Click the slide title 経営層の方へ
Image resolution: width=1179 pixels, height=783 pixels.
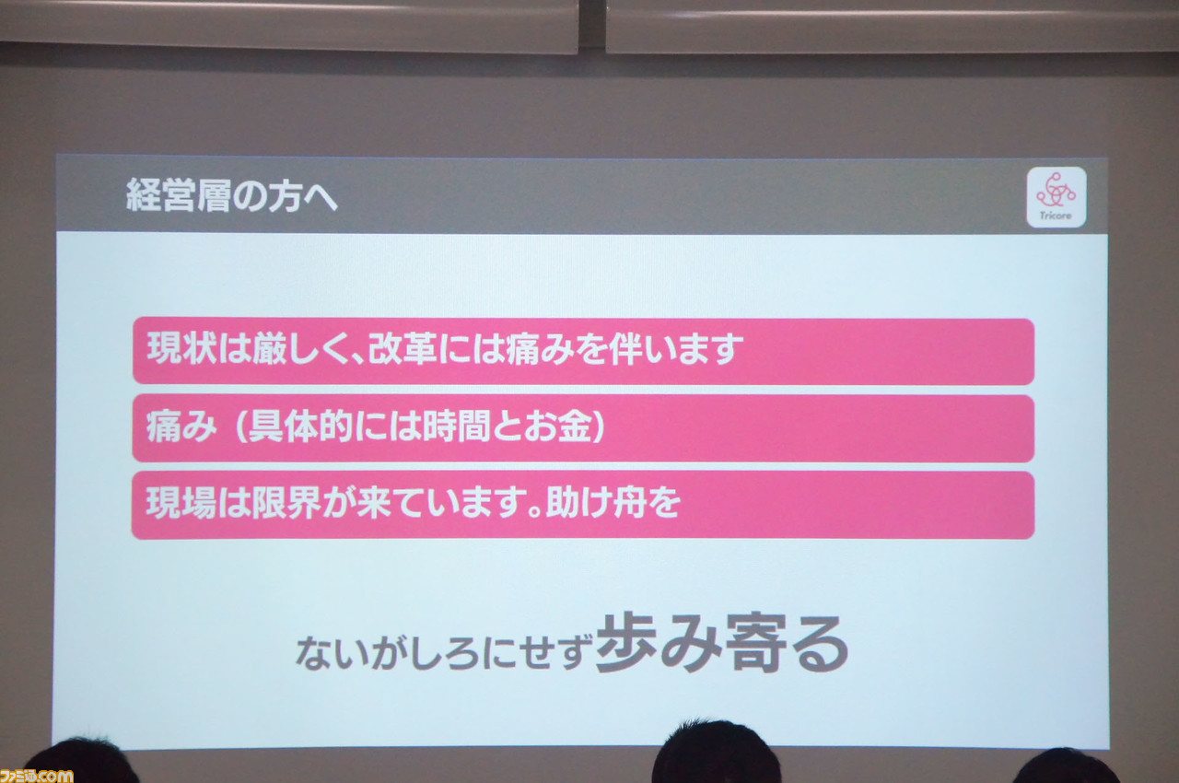(231, 195)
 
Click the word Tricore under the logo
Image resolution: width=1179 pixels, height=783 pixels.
(1056, 216)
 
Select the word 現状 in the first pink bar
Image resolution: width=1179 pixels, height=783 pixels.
(181, 348)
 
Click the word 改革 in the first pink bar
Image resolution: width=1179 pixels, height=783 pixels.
(403, 348)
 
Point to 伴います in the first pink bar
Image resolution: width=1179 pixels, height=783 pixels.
(676, 348)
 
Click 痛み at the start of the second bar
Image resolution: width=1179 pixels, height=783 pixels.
(181, 426)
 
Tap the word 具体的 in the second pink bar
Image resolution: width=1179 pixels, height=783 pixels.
(300, 426)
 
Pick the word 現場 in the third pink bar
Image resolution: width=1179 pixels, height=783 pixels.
(181, 503)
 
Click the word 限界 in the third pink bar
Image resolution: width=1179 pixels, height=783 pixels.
(286, 503)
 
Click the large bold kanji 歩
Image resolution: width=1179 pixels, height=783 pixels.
(626, 642)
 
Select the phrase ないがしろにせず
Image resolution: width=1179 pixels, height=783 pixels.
(444, 652)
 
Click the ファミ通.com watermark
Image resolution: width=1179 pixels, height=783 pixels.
(36, 776)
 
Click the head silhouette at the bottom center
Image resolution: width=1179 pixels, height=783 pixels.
(716, 754)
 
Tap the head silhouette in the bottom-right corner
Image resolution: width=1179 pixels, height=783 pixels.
(1066, 766)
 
